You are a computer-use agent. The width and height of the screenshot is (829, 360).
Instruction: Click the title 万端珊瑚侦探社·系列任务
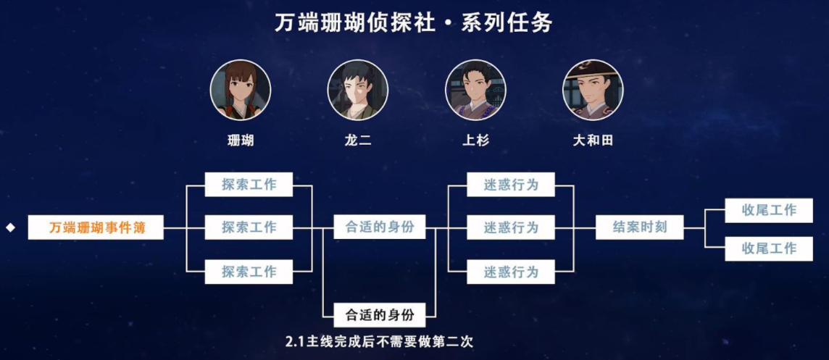coord(414,22)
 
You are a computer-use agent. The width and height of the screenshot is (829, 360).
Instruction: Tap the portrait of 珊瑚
coord(241,90)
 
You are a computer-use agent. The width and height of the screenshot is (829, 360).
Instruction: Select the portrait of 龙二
coord(358,90)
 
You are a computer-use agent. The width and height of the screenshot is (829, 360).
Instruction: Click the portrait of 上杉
coord(475,90)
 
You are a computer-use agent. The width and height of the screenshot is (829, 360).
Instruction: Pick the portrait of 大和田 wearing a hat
coord(593,90)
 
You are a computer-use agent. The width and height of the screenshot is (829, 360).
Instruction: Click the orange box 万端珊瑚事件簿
coord(96,227)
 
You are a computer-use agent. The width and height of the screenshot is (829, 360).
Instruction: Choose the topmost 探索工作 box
coord(249,184)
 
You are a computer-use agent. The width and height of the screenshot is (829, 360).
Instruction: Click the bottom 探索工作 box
coord(249,272)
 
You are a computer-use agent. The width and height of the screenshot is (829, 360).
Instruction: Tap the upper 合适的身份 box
coord(379,227)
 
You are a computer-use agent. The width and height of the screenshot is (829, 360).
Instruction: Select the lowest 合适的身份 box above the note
coord(379,316)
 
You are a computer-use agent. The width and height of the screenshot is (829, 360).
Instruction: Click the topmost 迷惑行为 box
coord(511,184)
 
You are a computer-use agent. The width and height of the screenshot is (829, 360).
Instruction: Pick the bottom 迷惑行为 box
coord(511,272)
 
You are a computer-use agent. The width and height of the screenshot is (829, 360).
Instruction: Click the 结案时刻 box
coord(640,227)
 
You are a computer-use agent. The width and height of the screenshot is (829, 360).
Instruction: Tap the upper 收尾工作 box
coord(769,210)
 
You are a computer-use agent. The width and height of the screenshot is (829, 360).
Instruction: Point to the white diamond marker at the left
coord(11,227)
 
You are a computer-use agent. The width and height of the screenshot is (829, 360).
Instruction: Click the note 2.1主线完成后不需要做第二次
coord(379,340)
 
